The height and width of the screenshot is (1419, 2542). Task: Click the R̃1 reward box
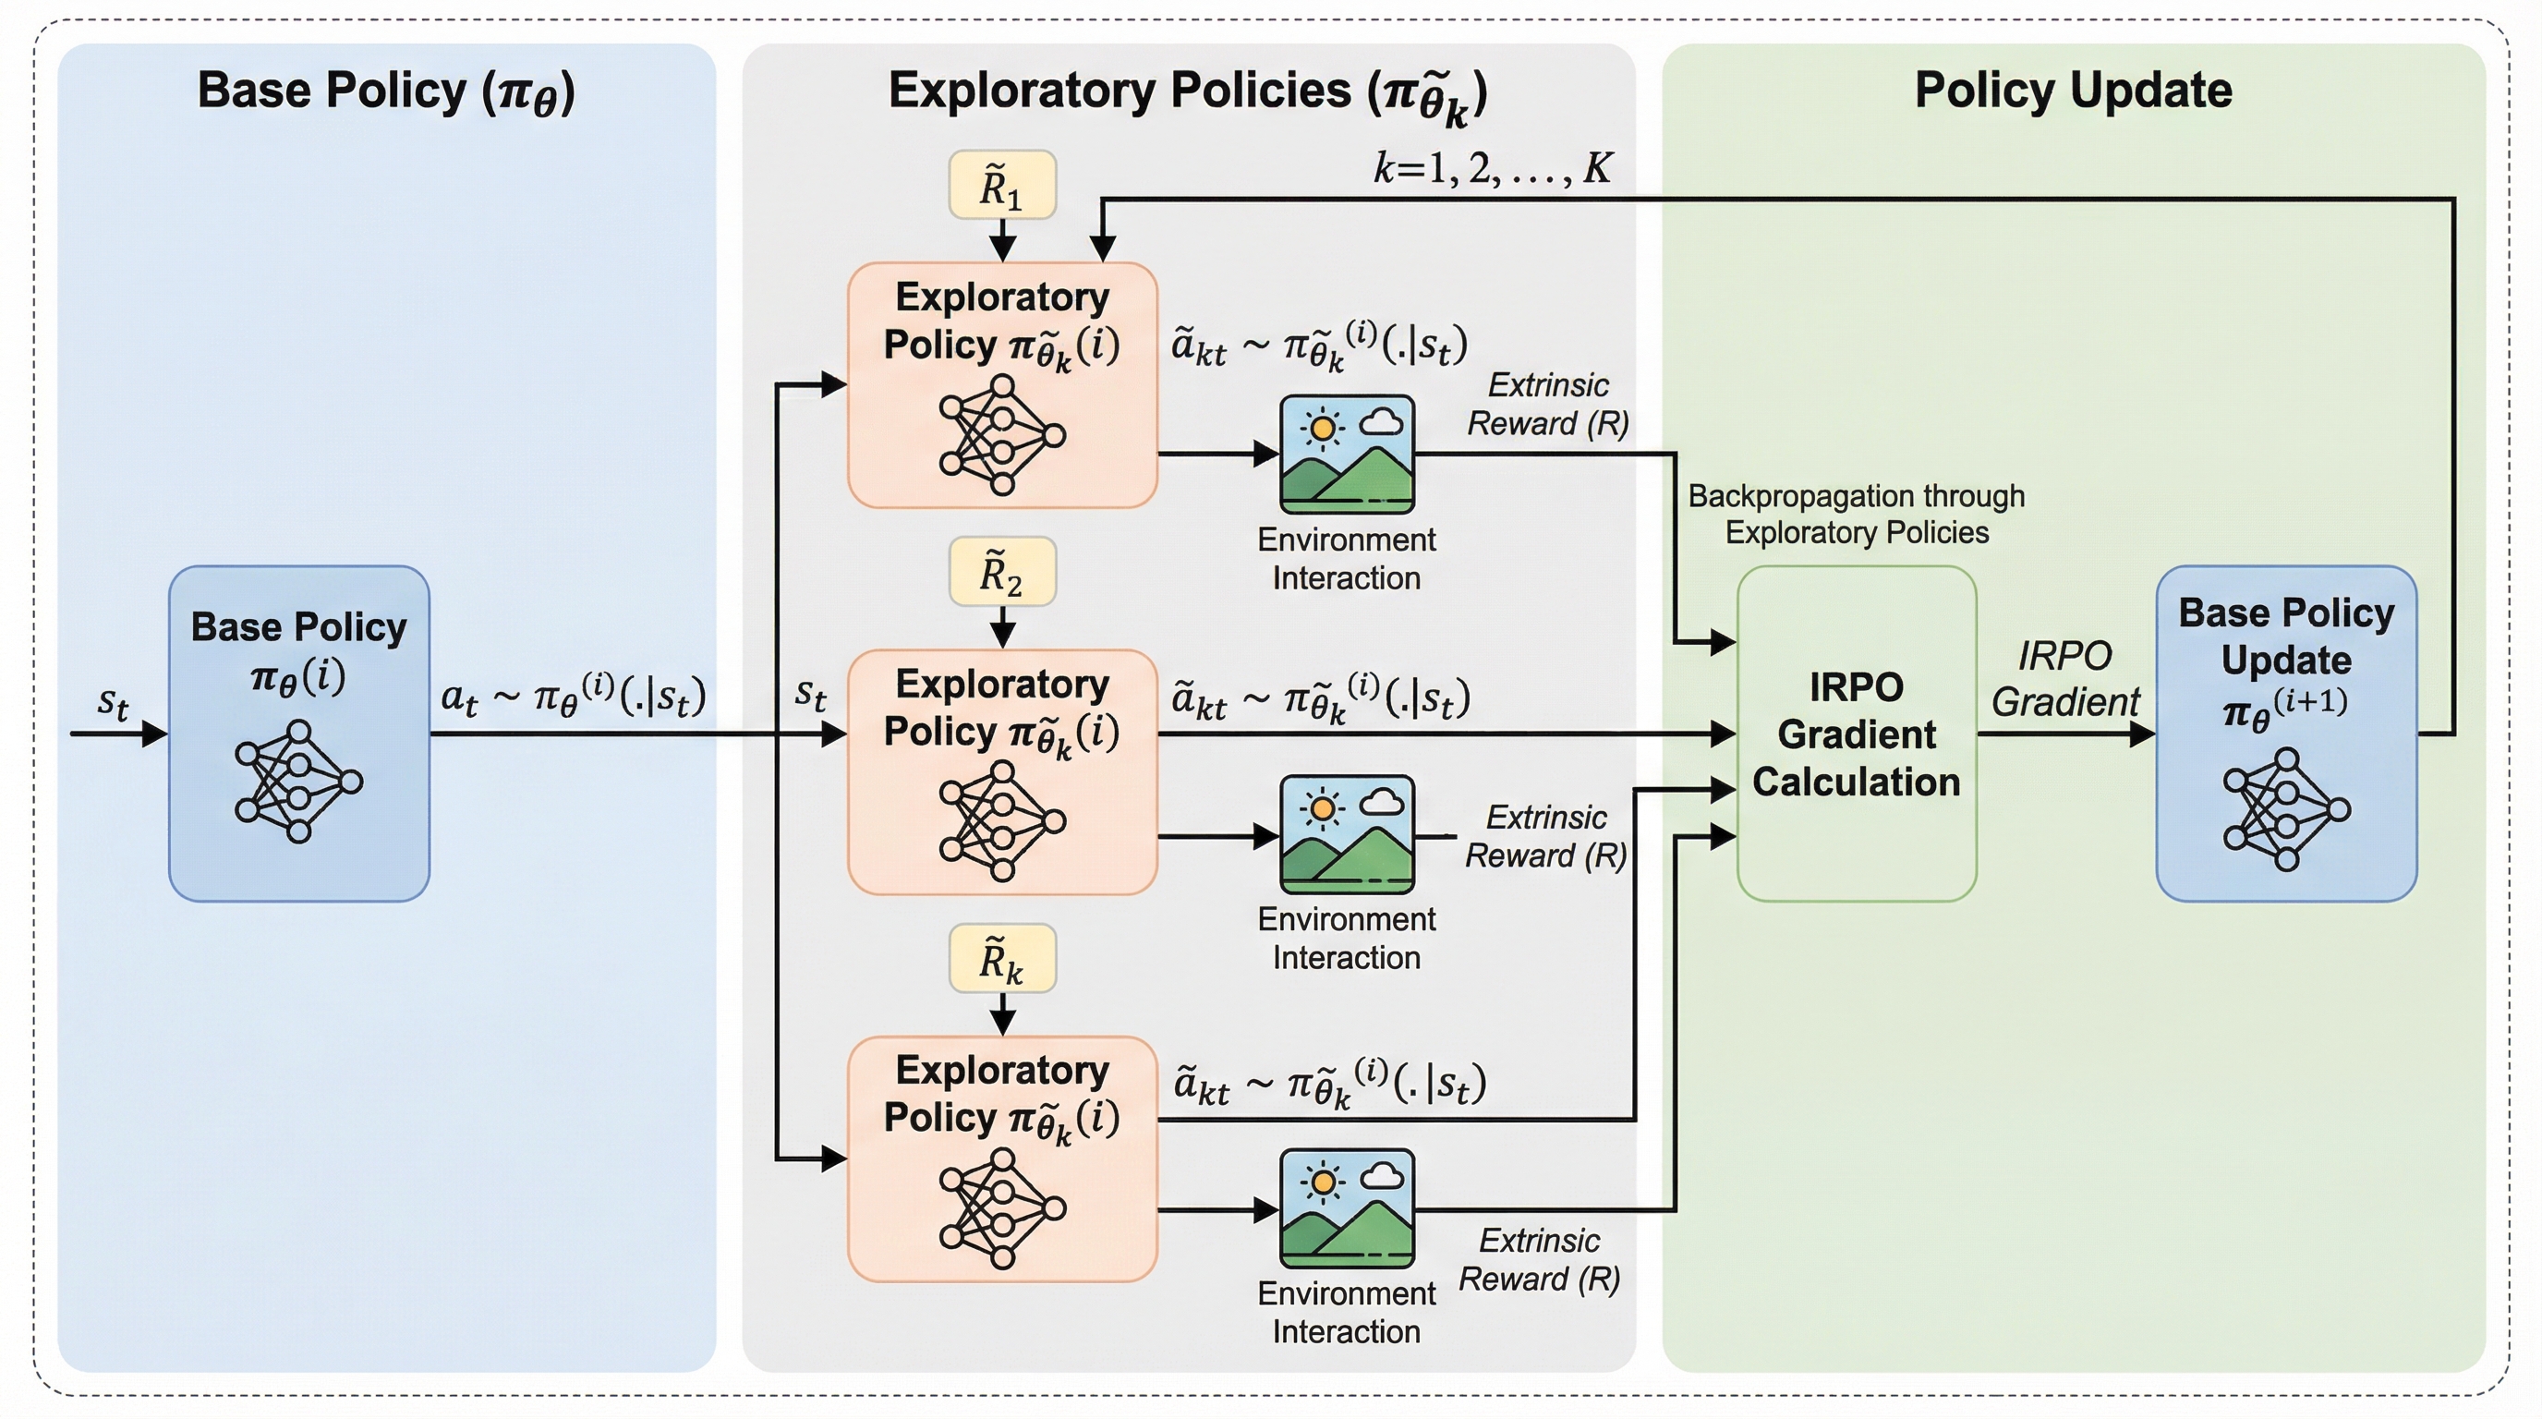pos(1001,185)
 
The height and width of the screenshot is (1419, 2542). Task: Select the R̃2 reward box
pos(1001,571)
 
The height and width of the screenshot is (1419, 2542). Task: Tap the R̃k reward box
pos(1001,958)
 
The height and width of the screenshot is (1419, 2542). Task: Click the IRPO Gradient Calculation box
pos(1857,734)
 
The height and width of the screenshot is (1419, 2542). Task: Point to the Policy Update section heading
pos(2074,90)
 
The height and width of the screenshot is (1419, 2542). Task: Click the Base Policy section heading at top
pos(386,91)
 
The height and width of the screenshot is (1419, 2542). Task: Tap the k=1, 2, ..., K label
pos(1492,169)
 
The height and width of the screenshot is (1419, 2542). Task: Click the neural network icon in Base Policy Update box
pos(2285,809)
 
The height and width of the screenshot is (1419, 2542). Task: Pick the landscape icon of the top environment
pos(1347,454)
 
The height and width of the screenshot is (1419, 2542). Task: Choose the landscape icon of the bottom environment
pos(1347,1207)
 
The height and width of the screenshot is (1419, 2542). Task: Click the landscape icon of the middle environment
pos(1347,835)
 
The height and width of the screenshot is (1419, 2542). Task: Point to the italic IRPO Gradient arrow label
pos(2064,679)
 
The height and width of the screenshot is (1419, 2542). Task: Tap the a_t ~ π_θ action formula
pos(574,697)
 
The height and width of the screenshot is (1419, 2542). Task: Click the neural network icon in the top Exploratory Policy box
pos(1001,434)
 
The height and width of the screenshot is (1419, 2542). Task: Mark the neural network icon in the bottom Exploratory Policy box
pos(1001,1207)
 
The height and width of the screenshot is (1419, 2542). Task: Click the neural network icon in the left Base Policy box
pos(298,782)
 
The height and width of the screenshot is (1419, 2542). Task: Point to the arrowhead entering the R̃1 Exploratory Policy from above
pos(1002,249)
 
